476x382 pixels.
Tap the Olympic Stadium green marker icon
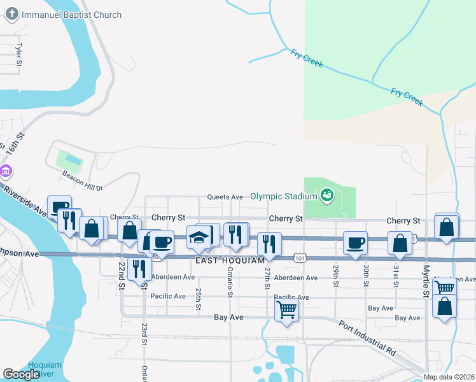pos(327,195)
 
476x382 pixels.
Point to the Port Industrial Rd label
pos(368,338)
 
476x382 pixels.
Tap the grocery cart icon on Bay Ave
pos(287,310)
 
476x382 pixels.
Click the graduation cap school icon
pos(199,237)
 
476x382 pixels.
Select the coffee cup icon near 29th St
pos(354,242)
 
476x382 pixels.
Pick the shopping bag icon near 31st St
pos(400,243)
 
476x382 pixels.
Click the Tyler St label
pos(19,55)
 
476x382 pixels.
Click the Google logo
pos(21,374)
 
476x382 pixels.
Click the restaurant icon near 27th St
pos(270,243)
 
